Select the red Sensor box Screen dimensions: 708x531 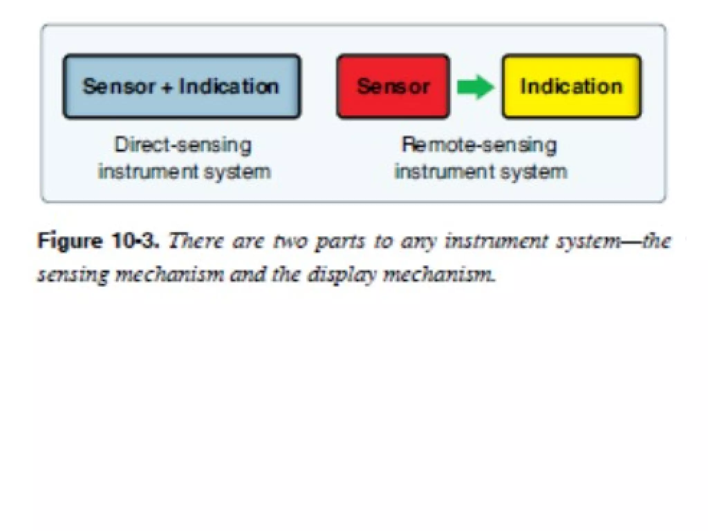(393, 86)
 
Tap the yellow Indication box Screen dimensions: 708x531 (571, 86)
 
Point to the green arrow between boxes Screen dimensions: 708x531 (476, 87)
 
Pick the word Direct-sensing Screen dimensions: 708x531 (183, 145)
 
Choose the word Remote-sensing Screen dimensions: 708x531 (479, 145)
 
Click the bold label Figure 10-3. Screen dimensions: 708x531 (99, 241)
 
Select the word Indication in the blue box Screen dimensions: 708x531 (229, 86)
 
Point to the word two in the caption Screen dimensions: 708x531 (290, 241)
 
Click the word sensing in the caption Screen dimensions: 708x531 (72, 276)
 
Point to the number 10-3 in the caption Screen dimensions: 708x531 (136, 241)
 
